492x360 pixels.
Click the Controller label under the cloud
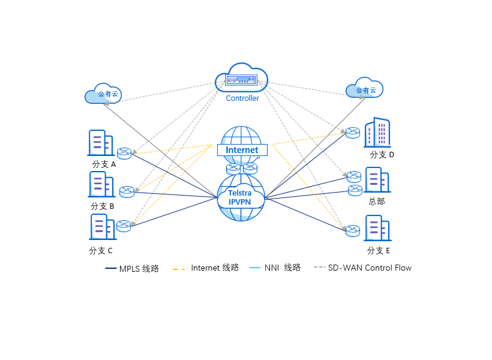tap(242, 98)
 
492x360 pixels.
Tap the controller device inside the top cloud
tap(241, 80)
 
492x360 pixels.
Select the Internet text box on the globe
tap(242, 150)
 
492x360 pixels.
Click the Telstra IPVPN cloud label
tap(240, 197)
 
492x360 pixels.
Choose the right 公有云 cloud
tap(365, 90)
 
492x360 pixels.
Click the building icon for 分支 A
tap(100, 143)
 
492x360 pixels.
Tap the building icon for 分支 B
tap(101, 184)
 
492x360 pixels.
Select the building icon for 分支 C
tap(101, 227)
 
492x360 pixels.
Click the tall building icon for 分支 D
tap(377, 133)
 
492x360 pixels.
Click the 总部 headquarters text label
tap(377, 202)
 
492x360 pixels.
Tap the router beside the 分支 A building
tap(124, 153)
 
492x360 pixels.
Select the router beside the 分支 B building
tap(127, 191)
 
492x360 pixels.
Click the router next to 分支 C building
tap(124, 226)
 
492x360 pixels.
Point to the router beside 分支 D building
tap(353, 133)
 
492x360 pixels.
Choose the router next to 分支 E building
tap(353, 230)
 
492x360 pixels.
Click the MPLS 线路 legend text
tap(139, 269)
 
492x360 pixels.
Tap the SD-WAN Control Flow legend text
tap(370, 268)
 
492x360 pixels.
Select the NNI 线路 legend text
tap(282, 268)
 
